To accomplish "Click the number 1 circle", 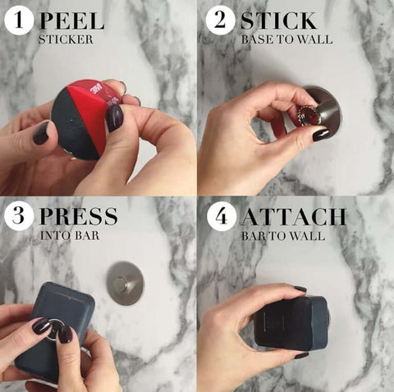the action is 19,21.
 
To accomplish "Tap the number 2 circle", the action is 220,21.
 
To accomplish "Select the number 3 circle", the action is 19,215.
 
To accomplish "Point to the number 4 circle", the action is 221,216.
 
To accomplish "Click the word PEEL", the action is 72,21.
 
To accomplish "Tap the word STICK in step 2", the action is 278,21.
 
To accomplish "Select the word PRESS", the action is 79,216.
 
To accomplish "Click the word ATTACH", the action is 294,217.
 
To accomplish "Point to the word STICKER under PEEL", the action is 66,39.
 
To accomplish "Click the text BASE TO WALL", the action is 286,39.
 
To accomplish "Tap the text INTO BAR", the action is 70,236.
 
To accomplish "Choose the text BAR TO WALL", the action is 283,236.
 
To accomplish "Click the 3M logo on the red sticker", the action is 95,89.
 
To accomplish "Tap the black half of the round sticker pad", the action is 73,122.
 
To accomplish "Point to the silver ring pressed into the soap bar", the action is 53,330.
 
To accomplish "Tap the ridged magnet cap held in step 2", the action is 307,116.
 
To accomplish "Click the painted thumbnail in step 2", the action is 322,135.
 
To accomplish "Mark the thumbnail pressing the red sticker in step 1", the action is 114,118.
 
